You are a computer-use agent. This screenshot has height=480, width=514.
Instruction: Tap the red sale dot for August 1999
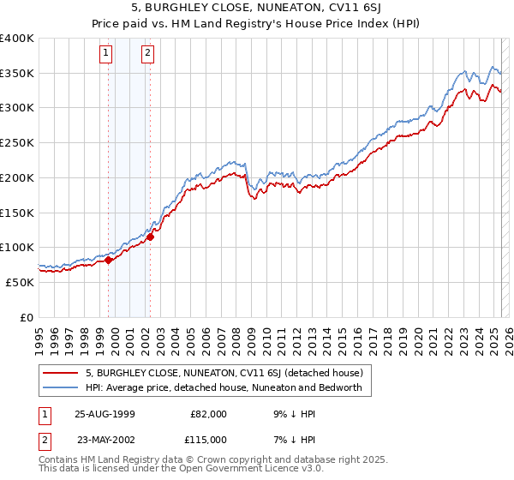109,261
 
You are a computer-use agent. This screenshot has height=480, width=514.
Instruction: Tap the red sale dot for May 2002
150,237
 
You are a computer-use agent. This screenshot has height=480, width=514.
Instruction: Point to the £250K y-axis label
17,143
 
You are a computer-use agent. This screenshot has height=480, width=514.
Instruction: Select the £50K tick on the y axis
20,282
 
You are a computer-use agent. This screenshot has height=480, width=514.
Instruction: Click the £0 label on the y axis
27,317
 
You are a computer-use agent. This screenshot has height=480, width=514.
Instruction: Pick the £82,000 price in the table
208,414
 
